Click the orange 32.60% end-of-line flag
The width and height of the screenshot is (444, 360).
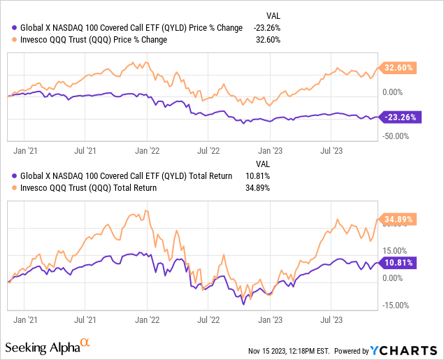398,68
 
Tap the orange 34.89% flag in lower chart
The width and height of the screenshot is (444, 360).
398,219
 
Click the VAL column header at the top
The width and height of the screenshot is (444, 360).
274,15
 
